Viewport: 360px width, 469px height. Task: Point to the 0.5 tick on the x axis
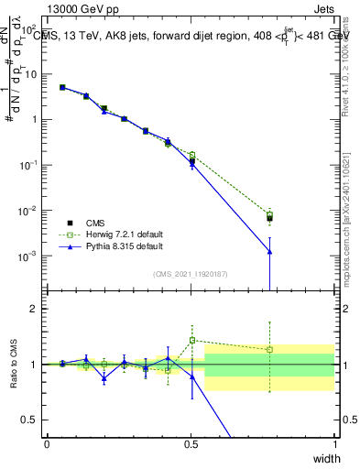[x=191, y=443]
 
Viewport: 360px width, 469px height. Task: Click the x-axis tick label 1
[x=334, y=443]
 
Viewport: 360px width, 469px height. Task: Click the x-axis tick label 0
[x=48, y=443]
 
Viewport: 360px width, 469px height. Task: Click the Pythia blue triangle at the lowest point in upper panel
[x=269, y=252]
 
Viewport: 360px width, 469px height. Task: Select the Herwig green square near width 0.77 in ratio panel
[x=269, y=349]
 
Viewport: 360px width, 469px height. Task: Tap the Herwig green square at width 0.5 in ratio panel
[x=191, y=340]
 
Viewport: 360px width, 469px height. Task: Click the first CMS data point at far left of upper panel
[x=62, y=88]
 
